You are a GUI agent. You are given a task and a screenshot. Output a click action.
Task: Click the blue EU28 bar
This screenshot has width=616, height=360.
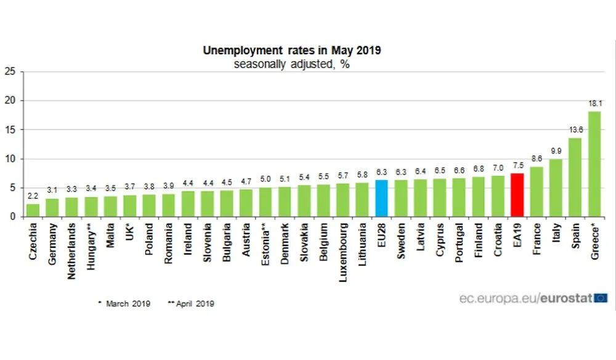pos(381,198)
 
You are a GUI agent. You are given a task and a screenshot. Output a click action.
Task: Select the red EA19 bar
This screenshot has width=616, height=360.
pos(518,195)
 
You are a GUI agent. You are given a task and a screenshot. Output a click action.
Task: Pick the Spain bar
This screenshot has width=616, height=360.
pos(575,178)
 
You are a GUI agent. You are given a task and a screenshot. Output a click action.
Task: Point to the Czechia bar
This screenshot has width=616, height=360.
pos(33,210)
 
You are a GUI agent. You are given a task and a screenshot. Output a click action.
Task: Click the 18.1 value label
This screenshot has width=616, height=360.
pos(594,104)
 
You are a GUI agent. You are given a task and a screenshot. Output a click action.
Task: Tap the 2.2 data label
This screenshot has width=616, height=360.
pos(33,197)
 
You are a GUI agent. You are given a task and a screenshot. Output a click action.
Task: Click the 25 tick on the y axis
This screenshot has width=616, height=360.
pos(9,71)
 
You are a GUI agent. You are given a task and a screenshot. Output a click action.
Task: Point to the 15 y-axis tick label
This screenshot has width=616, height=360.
pos(9,129)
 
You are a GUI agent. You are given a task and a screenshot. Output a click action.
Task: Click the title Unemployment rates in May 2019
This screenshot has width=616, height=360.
pos(291,51)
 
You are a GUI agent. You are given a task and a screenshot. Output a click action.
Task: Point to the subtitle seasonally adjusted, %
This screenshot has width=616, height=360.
pos(291,64)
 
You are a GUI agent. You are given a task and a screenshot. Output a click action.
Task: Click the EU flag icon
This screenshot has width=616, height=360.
pos(601,298)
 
